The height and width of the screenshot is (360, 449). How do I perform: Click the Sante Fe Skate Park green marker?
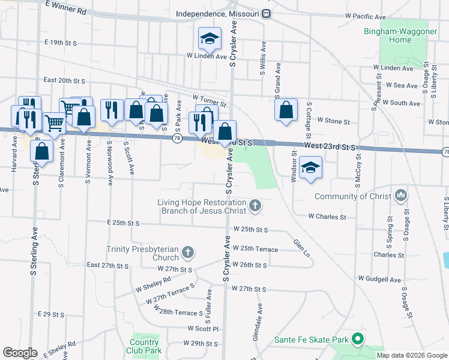[358, 340]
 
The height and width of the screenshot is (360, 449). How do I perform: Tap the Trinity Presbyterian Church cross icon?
[188, 253]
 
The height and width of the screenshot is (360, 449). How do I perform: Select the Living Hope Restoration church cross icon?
[255, 206]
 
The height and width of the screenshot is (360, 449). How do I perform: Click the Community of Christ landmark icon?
[400, 196]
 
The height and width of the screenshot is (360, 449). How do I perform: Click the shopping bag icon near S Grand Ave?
[286, 110]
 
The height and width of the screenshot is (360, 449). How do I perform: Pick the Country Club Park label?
[145, 346]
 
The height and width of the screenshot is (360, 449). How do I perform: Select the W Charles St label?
[327, 216]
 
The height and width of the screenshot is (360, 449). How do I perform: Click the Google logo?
[20, 353]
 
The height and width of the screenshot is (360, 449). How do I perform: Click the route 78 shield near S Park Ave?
[176, 139]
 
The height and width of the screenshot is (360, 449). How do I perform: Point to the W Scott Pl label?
[203, 329]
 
